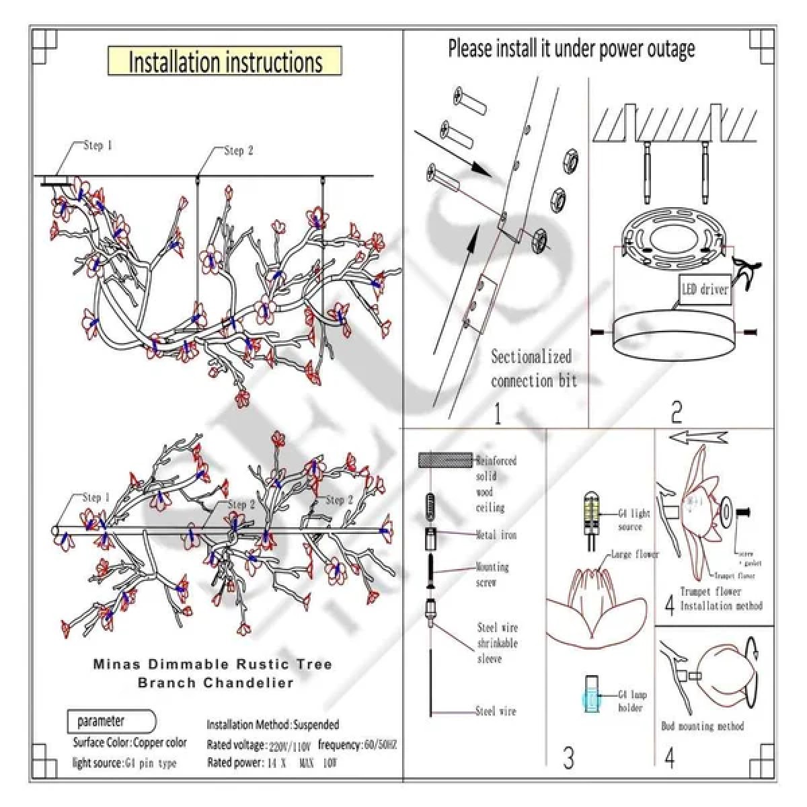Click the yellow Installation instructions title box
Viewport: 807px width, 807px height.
[225, 61]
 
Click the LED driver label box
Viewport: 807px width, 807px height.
[705, 290]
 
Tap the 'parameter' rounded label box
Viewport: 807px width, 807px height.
[111, 722]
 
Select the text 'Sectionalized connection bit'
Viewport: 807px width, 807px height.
[533, 369]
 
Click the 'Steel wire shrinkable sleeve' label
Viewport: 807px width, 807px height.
[497, 643]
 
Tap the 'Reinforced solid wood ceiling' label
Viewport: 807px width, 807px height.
[496, 484]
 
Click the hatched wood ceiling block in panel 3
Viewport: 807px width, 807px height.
[444, 461]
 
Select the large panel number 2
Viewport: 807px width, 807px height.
[677, 412]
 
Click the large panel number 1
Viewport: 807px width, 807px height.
[497, 412]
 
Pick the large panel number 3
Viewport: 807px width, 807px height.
[569, 758]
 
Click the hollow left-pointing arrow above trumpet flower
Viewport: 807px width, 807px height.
[697, 438]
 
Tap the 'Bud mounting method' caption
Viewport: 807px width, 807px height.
[702, 726]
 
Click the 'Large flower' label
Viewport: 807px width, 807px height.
[634, 555]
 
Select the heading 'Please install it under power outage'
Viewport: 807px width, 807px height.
[571, 48]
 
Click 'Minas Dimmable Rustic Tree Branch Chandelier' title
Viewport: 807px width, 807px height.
[213, 673]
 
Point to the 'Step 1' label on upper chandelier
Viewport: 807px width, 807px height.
[98, 145]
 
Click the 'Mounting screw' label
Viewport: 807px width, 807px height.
[492, 574]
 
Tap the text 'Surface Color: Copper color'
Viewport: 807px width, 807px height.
[130, 743]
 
